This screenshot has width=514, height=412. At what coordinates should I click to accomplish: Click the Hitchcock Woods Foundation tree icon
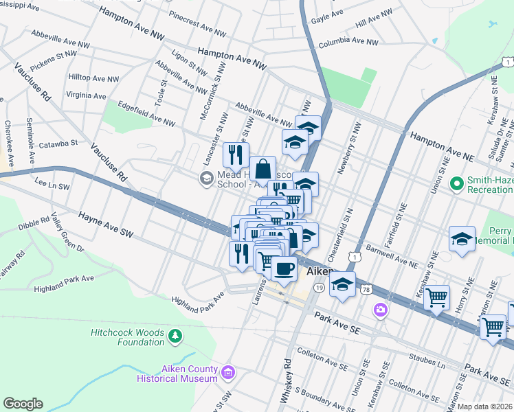pyautogui.click(x=176, y=335)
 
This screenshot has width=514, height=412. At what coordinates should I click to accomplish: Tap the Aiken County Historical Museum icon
pyautogui.click(x=228, y=374)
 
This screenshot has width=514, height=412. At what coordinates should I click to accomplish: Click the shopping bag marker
pyautogui.click(x=262, y=168)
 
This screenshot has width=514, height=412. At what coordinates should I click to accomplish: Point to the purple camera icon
pyautogui.click(x=380, y=311)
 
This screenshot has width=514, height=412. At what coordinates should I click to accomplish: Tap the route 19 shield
pyautogui.click(x=320, y=289)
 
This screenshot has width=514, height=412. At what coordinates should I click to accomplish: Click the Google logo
pyautogui.click(x=23, y=404)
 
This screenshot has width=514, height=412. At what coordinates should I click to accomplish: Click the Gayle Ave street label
pyautogui.click(x=327, y=13)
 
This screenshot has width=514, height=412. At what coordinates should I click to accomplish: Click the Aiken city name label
pyautogui.click(x=320, y=272)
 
